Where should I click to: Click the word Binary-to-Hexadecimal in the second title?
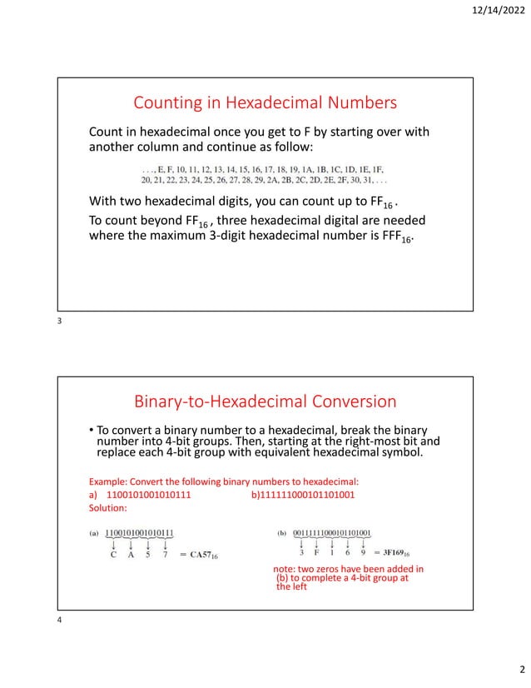pyautogui.click(x=213, y=402)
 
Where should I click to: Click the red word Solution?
pyautogui.click(x=107, y=507)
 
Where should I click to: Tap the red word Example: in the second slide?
pyautogui.click(x=110, y=481)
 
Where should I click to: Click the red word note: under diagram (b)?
pyautogui.click(x=287, y=570)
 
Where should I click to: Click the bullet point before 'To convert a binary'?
pyautogui.click(x=92, y=430)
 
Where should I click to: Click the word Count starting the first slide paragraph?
pyautogui.click(x=108, y=132)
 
